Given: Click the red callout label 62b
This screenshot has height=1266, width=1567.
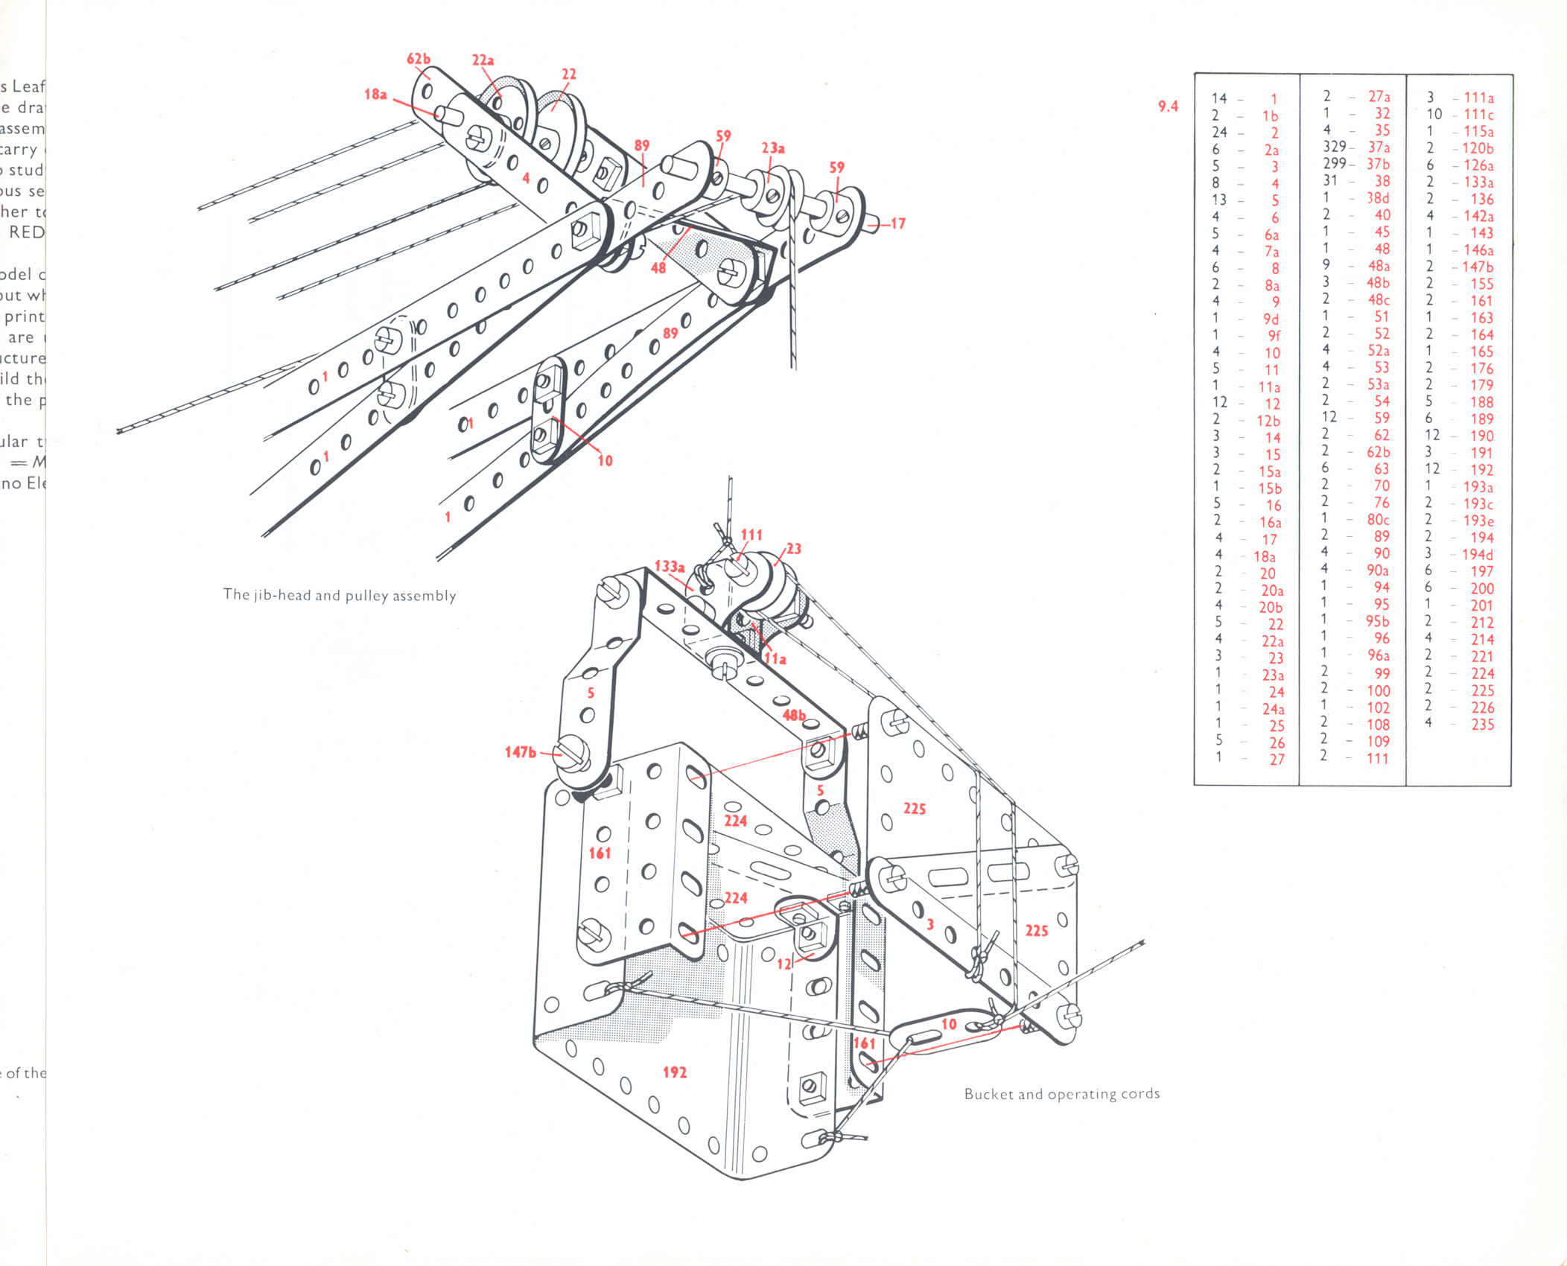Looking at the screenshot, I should pyautogui.click(x=418, y=59).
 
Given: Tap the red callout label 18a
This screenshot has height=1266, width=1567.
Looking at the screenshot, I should pyautogui.click(x=375, y=94).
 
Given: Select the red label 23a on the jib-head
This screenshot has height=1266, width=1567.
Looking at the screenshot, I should pyautogui.click(x=772, y=147).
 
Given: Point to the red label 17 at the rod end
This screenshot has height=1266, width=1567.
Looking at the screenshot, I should pyautogui.click(x=897, y=223).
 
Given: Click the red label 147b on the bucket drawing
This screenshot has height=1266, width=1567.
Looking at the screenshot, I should pyautogui.click(x=520, y=752).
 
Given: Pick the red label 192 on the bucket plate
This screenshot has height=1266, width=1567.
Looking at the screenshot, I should pyautogui.click(x=674, y=1072).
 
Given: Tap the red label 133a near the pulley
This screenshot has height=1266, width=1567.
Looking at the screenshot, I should pyautogui.click(x=670, y=567).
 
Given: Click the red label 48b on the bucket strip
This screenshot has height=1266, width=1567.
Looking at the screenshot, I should pyautogui.click(x=794, y=715).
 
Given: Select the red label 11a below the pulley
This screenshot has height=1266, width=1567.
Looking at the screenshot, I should pyautogui.click(x=775, y=658).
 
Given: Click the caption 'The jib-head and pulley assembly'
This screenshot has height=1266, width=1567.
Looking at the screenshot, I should pyautogui.click(x=340, y=595).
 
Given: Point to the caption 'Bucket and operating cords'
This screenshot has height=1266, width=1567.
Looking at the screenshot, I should pyautogui.click(x=1061, y=1094).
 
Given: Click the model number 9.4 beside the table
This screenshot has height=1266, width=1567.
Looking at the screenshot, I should pyautogui.click(x=1168, y=106).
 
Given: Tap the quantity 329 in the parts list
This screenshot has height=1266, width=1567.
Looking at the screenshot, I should pyautogui.click(x=1334, y=147).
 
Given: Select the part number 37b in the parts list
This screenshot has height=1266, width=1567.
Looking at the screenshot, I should pyautogui.click(x=1379, y=164).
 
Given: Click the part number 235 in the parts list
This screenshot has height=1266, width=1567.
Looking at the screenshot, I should pyautogui.click(x=1482, y=724).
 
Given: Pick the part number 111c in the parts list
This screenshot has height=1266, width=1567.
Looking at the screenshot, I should pyautogui.click(x=1478, y=115).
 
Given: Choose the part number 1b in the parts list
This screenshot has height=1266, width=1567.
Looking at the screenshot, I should pyautogui.click(x=1270, y=116).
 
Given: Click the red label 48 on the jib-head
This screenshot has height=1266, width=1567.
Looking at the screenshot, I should pyautogui.click(x=658, y=267).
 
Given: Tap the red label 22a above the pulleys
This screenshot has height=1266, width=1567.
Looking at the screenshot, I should pyautogui.click(x=483, y=60).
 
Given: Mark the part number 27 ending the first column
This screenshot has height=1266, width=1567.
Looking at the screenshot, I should pyautogui.click(x=1277, y=759).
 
